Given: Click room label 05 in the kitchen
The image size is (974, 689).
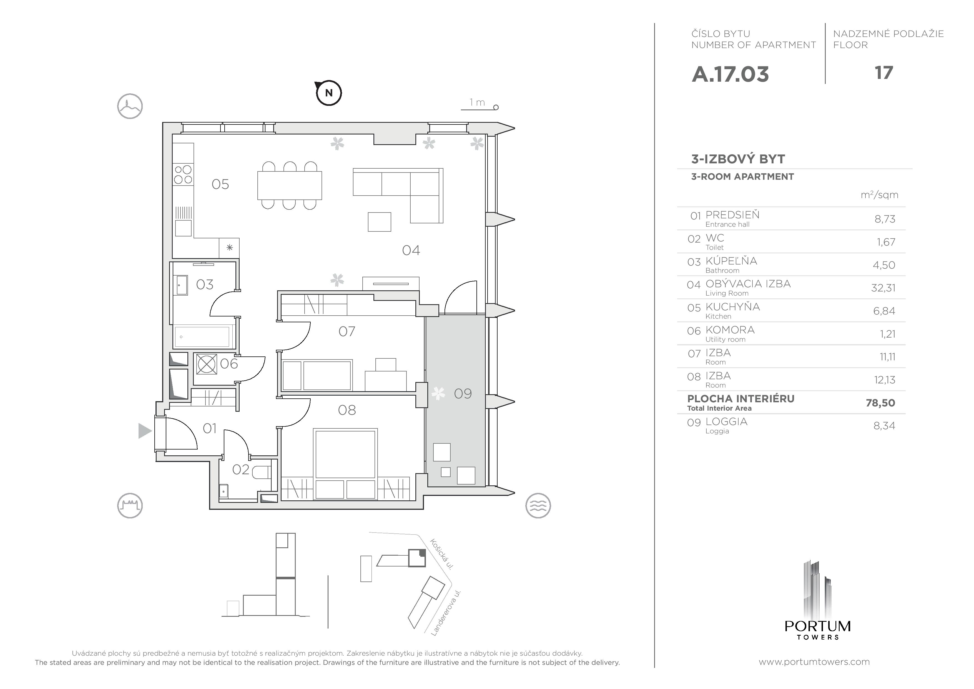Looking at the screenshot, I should click(220, 184).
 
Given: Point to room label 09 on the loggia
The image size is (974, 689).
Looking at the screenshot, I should click(463, 393).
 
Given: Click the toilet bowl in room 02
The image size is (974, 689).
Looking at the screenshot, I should click(262, 472).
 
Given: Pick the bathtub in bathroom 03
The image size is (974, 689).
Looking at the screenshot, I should click(203, 337).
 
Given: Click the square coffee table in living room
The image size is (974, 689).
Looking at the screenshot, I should click(379, 222).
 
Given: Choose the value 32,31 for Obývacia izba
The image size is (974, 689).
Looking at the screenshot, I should click(883, 288).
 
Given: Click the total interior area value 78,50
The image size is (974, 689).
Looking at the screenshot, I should click(880, 403).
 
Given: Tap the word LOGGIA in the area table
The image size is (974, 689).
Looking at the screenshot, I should click(726, 421).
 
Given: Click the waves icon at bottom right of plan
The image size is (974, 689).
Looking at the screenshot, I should click(538, 506).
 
